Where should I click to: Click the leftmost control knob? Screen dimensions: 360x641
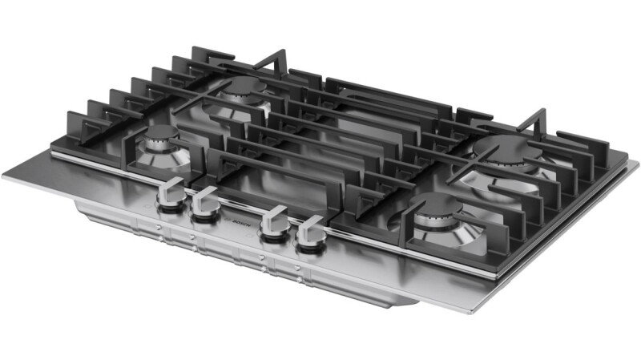pyautogui.click(x=170, y=195)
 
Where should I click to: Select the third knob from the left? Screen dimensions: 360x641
pyautogui.click(x=274, y=223)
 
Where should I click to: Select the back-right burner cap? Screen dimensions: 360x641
pyautogui.click(x=503, y=146)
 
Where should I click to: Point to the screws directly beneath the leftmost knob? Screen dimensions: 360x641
pyautogui.click(x=159, y=233)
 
